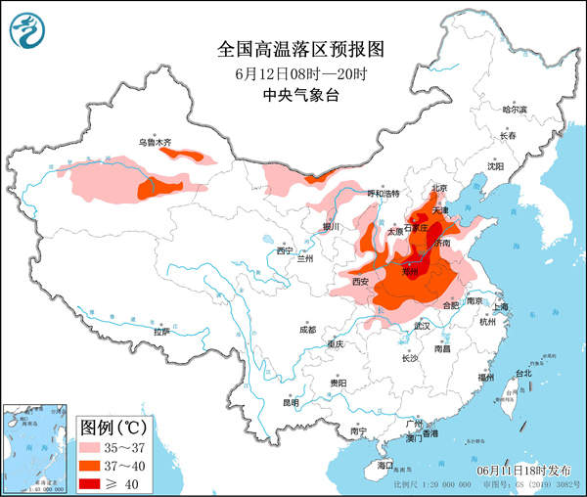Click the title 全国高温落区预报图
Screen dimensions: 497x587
pyautogui.click(x=293, y=49)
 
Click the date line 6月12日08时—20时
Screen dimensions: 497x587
pyautogui.click(x=293, y=73)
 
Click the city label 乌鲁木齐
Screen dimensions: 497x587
pyautogui.click(x=154, y=143)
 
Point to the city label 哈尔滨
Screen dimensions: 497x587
pyautogui.click(x=514, y=110)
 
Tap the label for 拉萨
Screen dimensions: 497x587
pyautogui.click(x=161, y=332)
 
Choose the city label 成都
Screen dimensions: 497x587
pyautogui.click(x=308, y=329)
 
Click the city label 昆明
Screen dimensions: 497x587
pyautogui.click(x=291, y=402)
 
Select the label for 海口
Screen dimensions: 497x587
pyautogui.click(x=385, y=466)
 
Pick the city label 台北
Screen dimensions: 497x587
pyautogui.click(x=522, y=373)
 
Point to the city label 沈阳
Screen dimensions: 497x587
pyautogui.click(x=496, y=166)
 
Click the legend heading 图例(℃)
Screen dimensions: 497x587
pyautogui.click(x=113, y=427)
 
